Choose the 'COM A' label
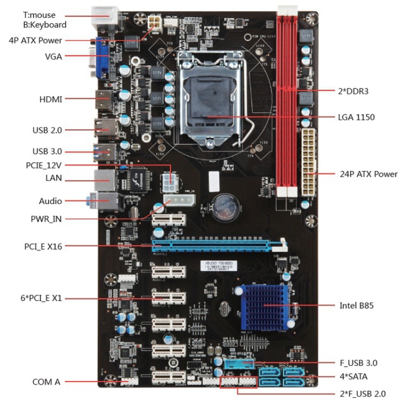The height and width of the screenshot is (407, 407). (x=46, y=381)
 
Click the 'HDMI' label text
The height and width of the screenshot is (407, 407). (x=51, y=99)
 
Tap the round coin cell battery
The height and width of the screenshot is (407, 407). (x=222, y=206)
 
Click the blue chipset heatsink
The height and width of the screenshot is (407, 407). (x=264, y=306)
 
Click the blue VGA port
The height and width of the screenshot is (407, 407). (x=103, y=57)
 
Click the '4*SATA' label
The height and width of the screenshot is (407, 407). (x=353, y=376)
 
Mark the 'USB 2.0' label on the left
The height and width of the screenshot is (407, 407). (x=48, y=130)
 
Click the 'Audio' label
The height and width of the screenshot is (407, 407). (x=51, y=201)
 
